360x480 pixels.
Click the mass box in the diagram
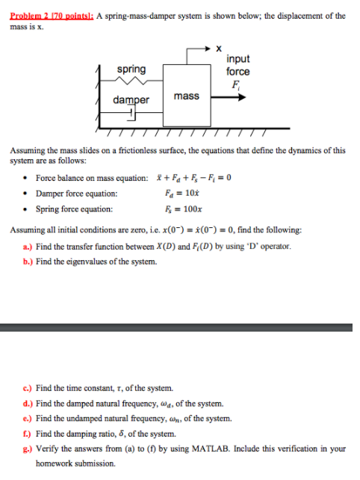tap(186, 96)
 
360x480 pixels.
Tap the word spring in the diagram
tap(131, 69)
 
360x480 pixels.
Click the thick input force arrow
tap(232, 95)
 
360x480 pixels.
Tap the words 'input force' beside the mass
tap(238, 65)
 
